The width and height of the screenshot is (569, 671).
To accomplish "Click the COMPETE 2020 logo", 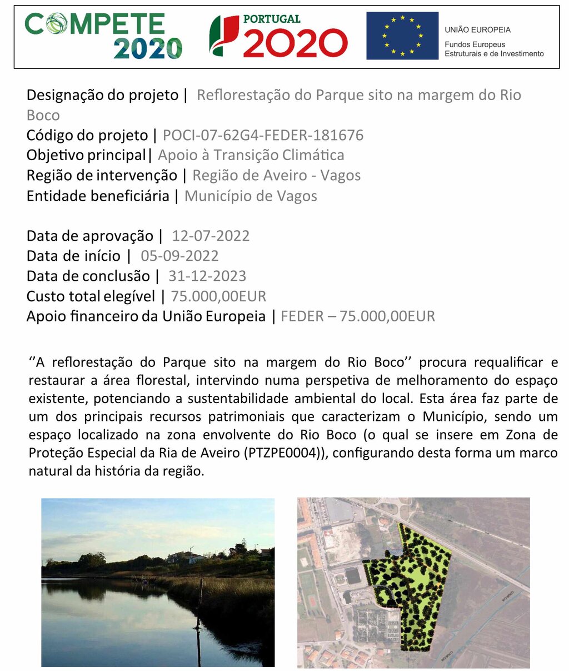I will (x=103, y=36).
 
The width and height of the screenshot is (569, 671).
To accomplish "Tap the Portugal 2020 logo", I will (x=278, y=36).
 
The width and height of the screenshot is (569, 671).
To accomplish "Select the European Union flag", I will (x=402, y=36).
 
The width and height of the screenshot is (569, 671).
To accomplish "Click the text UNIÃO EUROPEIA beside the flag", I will (x=477, y=30).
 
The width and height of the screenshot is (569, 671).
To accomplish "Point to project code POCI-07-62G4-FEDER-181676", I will (x=263, y=135).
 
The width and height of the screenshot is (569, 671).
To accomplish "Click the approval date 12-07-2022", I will (x=211, y=236).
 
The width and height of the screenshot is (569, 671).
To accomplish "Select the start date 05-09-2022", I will (x=179, y=256).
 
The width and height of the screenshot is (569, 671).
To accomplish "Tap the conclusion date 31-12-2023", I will (x=207, y=276).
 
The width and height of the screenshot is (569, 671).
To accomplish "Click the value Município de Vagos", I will (x=251, y=196).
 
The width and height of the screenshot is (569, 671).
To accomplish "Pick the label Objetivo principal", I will (x=86, y=155).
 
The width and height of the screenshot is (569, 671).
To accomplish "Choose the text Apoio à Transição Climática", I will (x=251, y=155).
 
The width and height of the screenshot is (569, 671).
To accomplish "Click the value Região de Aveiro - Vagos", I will (x=276, y=176).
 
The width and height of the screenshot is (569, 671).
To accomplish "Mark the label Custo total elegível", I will (x=91, y=296).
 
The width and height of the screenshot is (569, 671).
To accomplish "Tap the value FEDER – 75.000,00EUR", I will (x=358, y=316).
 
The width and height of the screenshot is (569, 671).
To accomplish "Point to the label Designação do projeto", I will (x=102, y=95).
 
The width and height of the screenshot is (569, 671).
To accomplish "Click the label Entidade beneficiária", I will (x=98, y=196).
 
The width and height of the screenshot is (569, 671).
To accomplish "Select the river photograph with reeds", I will (x=158, y=582).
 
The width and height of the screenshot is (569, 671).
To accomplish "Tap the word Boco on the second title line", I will (x=43, y=115).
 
